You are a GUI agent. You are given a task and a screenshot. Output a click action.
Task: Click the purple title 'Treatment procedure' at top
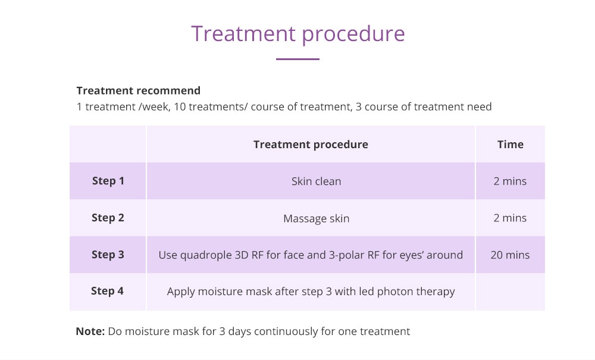[x=298, y=35]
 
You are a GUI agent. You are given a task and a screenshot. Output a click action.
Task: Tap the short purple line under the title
[x=297, y=59]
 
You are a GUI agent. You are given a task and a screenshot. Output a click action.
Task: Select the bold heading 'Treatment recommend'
[x=139, y=90]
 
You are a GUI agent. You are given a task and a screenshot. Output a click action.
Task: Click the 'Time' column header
[x=511, y=145]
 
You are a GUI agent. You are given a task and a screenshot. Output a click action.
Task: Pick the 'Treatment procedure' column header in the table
[x=311, y=145]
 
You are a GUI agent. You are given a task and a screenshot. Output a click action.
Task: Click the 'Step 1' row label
[x=108, y=181]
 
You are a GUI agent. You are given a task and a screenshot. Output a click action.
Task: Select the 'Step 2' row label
[x=108, y=218]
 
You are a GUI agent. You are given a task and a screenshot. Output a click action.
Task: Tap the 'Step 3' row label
[x=108, y=255]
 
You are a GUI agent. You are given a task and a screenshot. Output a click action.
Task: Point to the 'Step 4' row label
[x=107, y=291]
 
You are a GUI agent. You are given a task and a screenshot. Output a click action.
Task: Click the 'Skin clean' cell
[x=316, y=181]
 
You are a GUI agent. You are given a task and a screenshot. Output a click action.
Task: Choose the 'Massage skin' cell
[x=316, y=218]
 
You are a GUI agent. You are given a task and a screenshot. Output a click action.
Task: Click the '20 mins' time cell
[x=510, y=255]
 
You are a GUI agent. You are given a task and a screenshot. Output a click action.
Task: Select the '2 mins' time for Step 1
[x=510, y=181]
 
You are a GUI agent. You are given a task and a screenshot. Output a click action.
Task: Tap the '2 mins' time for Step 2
[x=510, y=218]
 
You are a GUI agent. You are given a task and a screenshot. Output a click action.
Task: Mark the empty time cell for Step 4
[x=511, y=292]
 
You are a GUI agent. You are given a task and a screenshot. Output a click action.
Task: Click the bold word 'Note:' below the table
[x=90, y=331]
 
